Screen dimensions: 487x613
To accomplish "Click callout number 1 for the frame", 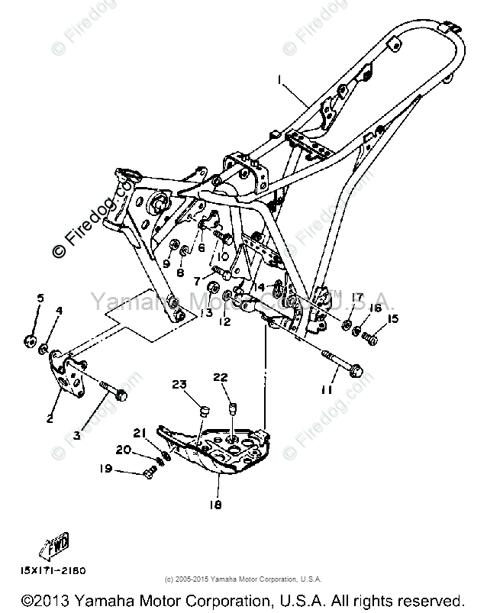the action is pyautogui.click(x=279, y=79).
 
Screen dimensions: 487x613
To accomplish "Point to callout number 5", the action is pyautogui.click(x=40, y=298).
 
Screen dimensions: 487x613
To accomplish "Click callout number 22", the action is pyautogui.click(x=221, y=377).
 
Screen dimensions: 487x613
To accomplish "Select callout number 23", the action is pyautogui.click(x=179, y=385).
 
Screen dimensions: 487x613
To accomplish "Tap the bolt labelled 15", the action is pyautogui.click(x=372, y=336).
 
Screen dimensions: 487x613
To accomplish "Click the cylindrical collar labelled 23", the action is pyautogui.click(x=205, y=413).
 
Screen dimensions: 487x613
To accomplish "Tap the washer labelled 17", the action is pyautogui.click(x=348, y=326).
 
